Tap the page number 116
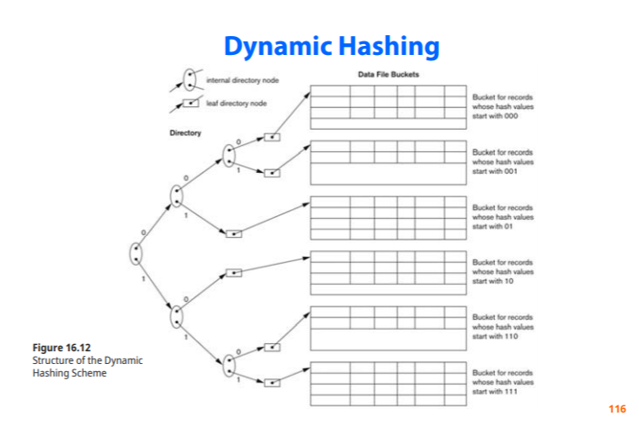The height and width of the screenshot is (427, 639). [x=616, y=409]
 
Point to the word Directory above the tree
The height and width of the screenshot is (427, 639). [x=185, y=132]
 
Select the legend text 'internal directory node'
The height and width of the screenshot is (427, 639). [x=243, y=80]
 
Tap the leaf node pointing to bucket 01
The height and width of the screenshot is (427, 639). [x=234, y=232]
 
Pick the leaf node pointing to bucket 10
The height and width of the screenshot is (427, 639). [x=234, y=271]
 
